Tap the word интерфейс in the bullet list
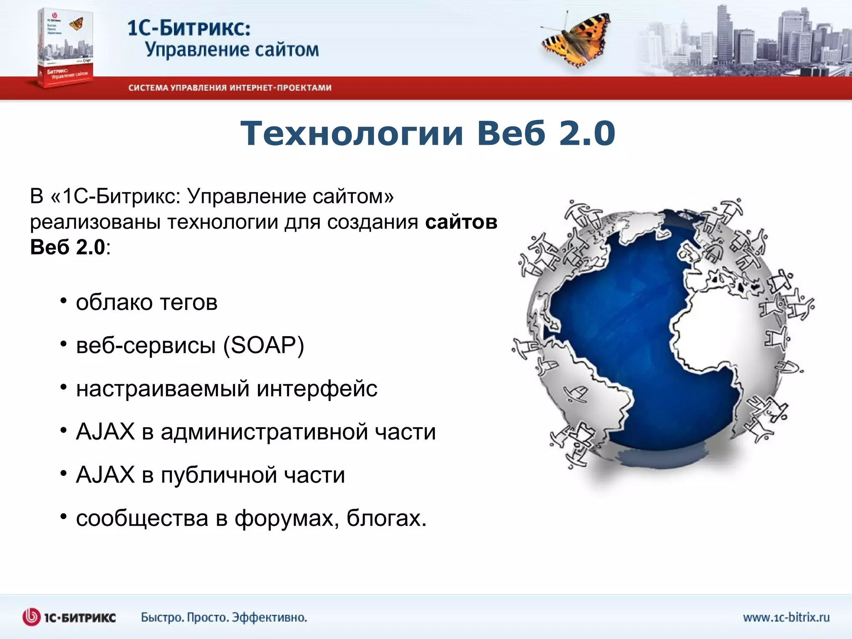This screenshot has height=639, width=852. click(317, 389)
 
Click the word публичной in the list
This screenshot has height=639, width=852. click(218, 475)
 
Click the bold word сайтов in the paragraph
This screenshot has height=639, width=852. click(461, 222)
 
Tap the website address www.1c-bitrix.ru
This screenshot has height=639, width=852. click(786, 617)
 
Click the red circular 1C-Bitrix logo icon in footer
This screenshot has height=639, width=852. click(32, 617)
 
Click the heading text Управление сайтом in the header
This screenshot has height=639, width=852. click(232, 50)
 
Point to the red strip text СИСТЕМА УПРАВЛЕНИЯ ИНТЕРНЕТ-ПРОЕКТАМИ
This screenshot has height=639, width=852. click(230, 88)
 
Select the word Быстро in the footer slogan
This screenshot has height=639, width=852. click(162, 617)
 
